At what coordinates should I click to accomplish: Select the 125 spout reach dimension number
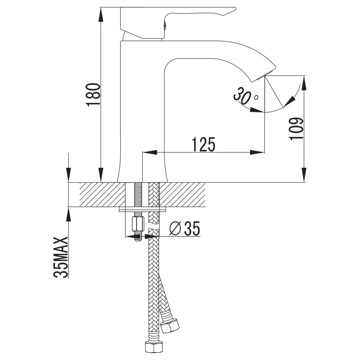click(204, 145)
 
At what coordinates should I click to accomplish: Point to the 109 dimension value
click(296, 129)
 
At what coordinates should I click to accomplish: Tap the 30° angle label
click(245, 95)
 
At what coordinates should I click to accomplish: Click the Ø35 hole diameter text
click(185, 229)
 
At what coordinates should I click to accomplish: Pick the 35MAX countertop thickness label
click(61, 257)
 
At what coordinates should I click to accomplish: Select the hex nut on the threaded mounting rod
click(138, 224)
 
